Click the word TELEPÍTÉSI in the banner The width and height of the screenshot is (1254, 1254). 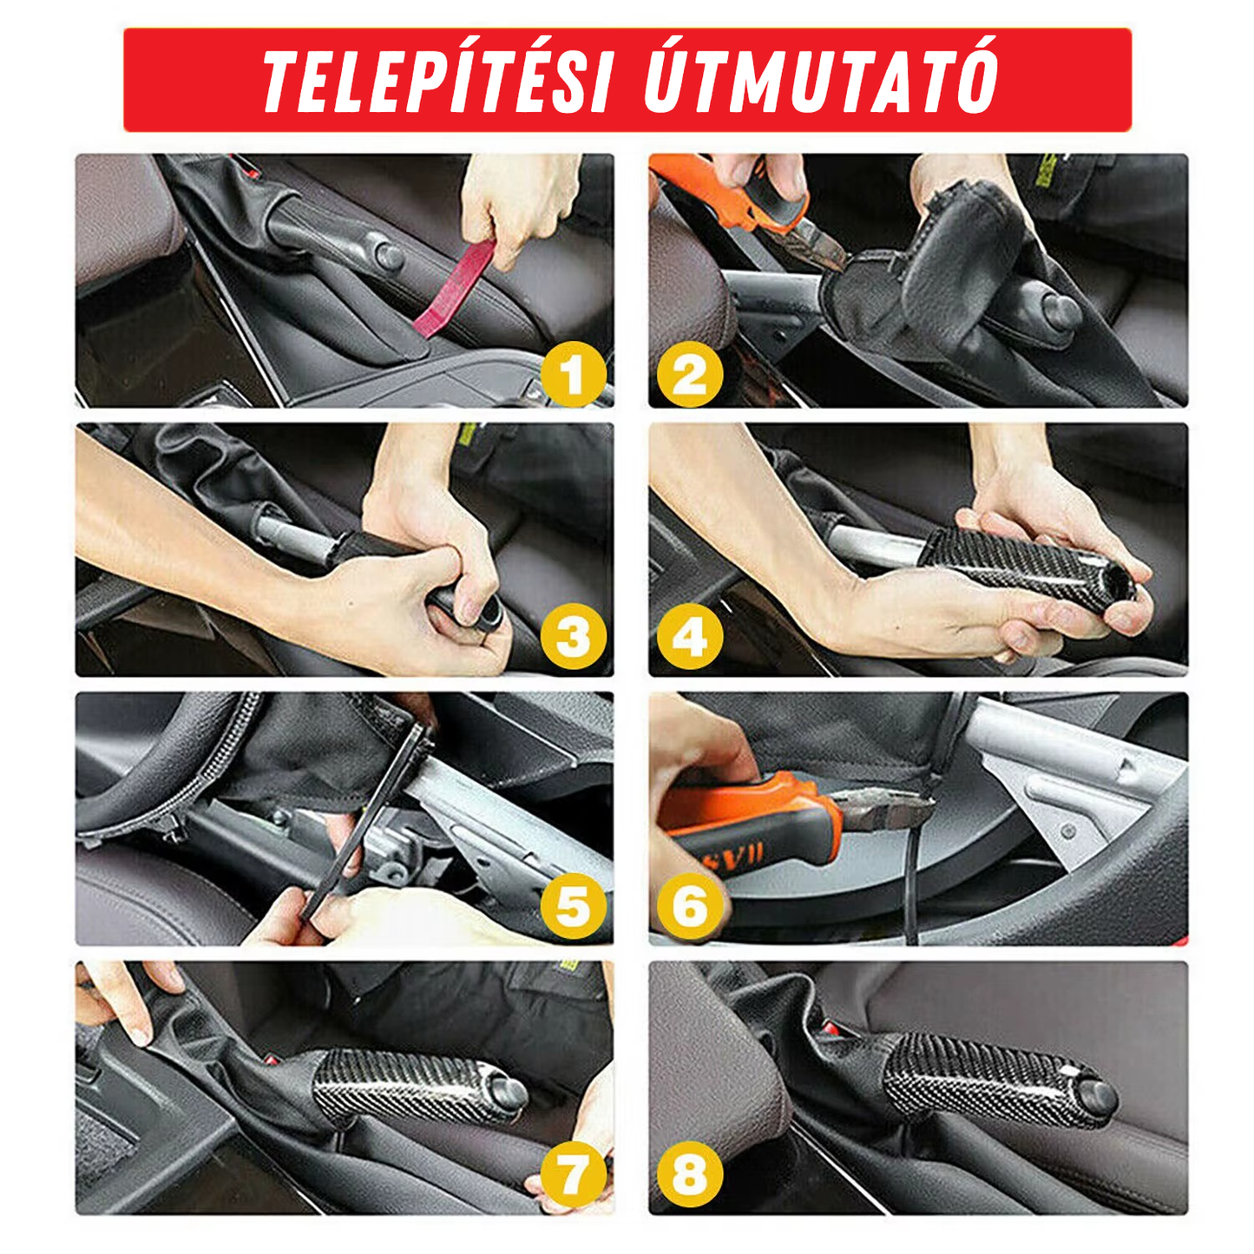tap(438, 81)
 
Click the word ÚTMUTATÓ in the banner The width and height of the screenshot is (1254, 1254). tap(820, 81)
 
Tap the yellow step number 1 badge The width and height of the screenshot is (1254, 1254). tap(573, 375)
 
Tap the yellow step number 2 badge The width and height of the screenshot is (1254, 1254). tap(689, 375)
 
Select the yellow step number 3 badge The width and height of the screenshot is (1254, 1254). tap(573, 638)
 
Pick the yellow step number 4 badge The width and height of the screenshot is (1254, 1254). tap(689, 638)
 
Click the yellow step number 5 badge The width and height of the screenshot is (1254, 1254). tap(573, 907)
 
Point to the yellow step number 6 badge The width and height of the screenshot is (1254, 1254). tap(689, 907)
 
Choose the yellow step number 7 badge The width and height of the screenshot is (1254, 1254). tap(573, 1176)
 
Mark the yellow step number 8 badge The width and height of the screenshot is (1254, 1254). tap(689, 1176)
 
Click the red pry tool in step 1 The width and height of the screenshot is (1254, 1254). tap(451, 291)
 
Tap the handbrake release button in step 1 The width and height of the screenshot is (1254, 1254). tap(387, 257)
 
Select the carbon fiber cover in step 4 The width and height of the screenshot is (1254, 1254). tap(1024, 564)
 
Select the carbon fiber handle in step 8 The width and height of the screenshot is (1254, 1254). tap(989, 1076)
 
